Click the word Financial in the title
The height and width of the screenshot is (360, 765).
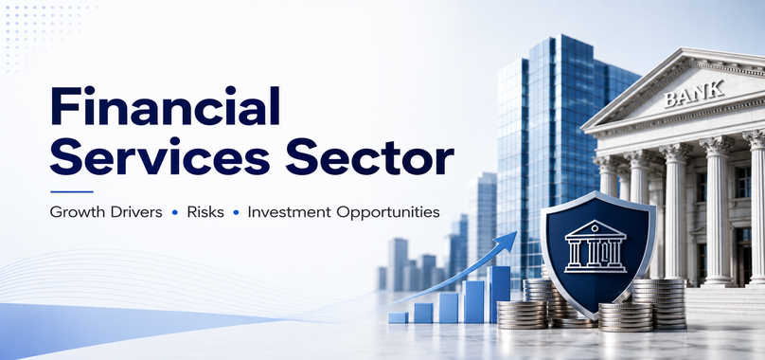point(166,106)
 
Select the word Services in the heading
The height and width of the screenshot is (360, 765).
point(160,157)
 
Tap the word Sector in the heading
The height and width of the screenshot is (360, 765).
point(370,157)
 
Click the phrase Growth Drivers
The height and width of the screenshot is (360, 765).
point(106,212)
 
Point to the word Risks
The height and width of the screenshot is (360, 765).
point(205,212)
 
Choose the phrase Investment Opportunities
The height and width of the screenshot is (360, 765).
point(344,213)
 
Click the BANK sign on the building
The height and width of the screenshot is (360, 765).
point(693,94)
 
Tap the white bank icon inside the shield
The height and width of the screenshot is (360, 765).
point(596,246)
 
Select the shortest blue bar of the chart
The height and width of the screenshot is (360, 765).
point(398,317)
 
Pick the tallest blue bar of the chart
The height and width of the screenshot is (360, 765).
point(499,294)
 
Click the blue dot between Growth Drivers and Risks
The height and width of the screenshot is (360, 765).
point(174,213)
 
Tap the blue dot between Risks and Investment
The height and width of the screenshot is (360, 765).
point(236,213)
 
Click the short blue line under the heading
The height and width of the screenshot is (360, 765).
point(72,191)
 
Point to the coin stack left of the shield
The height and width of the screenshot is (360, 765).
point(523,315)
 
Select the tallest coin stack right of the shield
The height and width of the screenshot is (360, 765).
point(660,303)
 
